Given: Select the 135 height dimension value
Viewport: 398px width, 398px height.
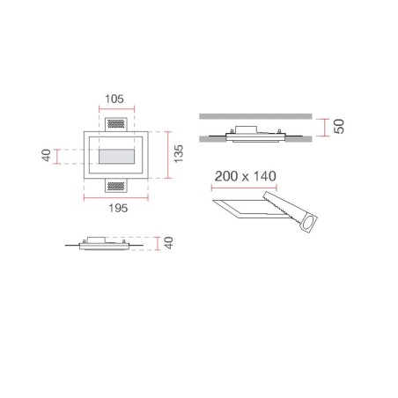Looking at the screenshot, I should coord(177,155).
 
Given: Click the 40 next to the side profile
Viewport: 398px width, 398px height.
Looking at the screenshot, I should coord(173,244).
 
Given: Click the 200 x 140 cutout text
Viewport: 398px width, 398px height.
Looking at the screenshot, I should coord(245,176).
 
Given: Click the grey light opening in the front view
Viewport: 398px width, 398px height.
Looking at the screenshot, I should coord(117,157).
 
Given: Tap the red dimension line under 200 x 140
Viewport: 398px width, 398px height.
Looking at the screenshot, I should coord(245,188).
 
